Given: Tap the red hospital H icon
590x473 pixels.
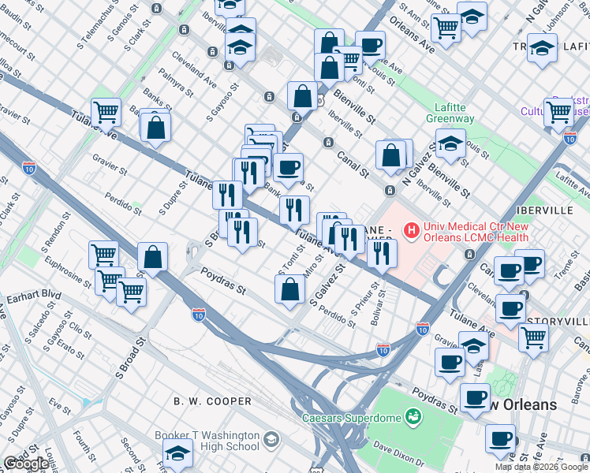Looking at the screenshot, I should pos(411,230).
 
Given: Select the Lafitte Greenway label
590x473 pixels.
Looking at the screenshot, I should pos(454,114).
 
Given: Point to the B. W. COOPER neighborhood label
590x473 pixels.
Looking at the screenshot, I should pos(213,401).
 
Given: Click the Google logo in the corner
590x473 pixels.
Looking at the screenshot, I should pos(25,464).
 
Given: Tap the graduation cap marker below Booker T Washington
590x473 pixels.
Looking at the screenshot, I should pos(177,453).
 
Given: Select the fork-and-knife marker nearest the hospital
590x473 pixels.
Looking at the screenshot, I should pos(382,252).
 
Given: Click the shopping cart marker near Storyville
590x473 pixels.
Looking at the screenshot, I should pos(534,337).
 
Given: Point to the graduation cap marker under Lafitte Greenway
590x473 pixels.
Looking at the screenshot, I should pos(450,146).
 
